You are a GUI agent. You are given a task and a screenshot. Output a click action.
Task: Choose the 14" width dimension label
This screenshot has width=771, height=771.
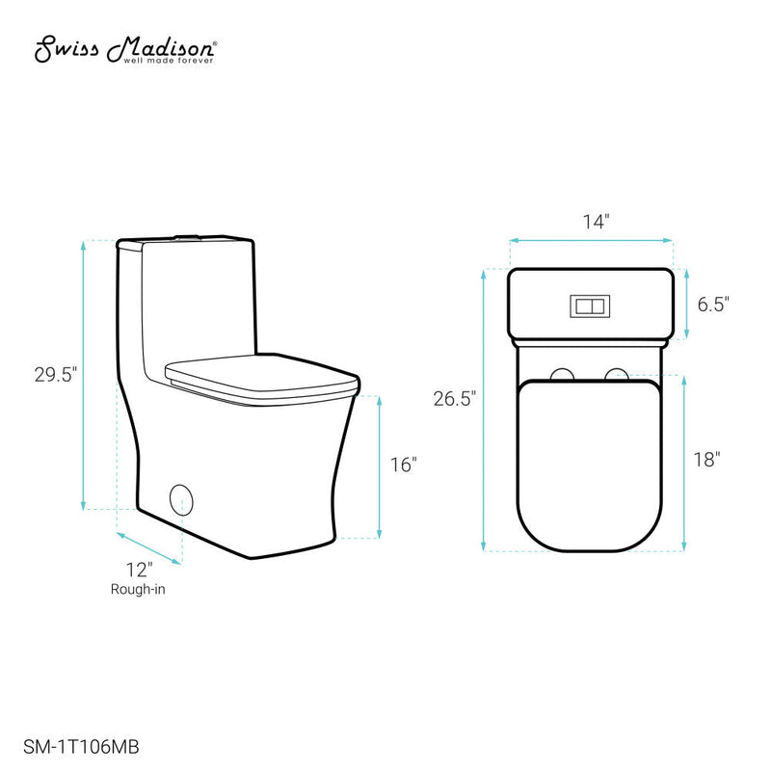592,222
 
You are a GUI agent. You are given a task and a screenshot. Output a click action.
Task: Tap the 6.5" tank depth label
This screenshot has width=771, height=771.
713,305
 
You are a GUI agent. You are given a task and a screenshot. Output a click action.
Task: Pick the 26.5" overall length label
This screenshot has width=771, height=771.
454,398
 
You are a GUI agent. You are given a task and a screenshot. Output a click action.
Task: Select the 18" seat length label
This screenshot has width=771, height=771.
706,460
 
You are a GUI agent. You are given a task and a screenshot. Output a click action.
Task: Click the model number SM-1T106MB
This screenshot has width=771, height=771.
84,745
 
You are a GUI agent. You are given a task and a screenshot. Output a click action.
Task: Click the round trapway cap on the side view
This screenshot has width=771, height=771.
181,499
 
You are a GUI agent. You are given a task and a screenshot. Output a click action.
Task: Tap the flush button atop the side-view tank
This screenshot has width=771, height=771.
185,236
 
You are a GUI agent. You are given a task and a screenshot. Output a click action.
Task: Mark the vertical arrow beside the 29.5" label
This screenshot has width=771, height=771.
85,375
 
